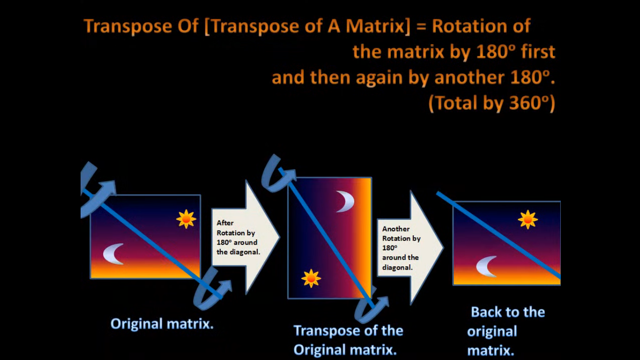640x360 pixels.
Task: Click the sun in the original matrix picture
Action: pos(186,219)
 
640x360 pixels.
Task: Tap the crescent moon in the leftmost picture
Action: pos(114,254)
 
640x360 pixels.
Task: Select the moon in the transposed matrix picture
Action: pos(345,202)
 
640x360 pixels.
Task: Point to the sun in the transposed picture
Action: pos(311,278)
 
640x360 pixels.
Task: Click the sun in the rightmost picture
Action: pos(528,219)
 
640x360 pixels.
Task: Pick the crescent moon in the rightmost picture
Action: pos(487,266)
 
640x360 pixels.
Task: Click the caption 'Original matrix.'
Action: pos(162,324)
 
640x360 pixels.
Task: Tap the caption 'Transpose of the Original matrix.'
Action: pos(348,340)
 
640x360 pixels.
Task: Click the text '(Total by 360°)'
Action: pos(491,104)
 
